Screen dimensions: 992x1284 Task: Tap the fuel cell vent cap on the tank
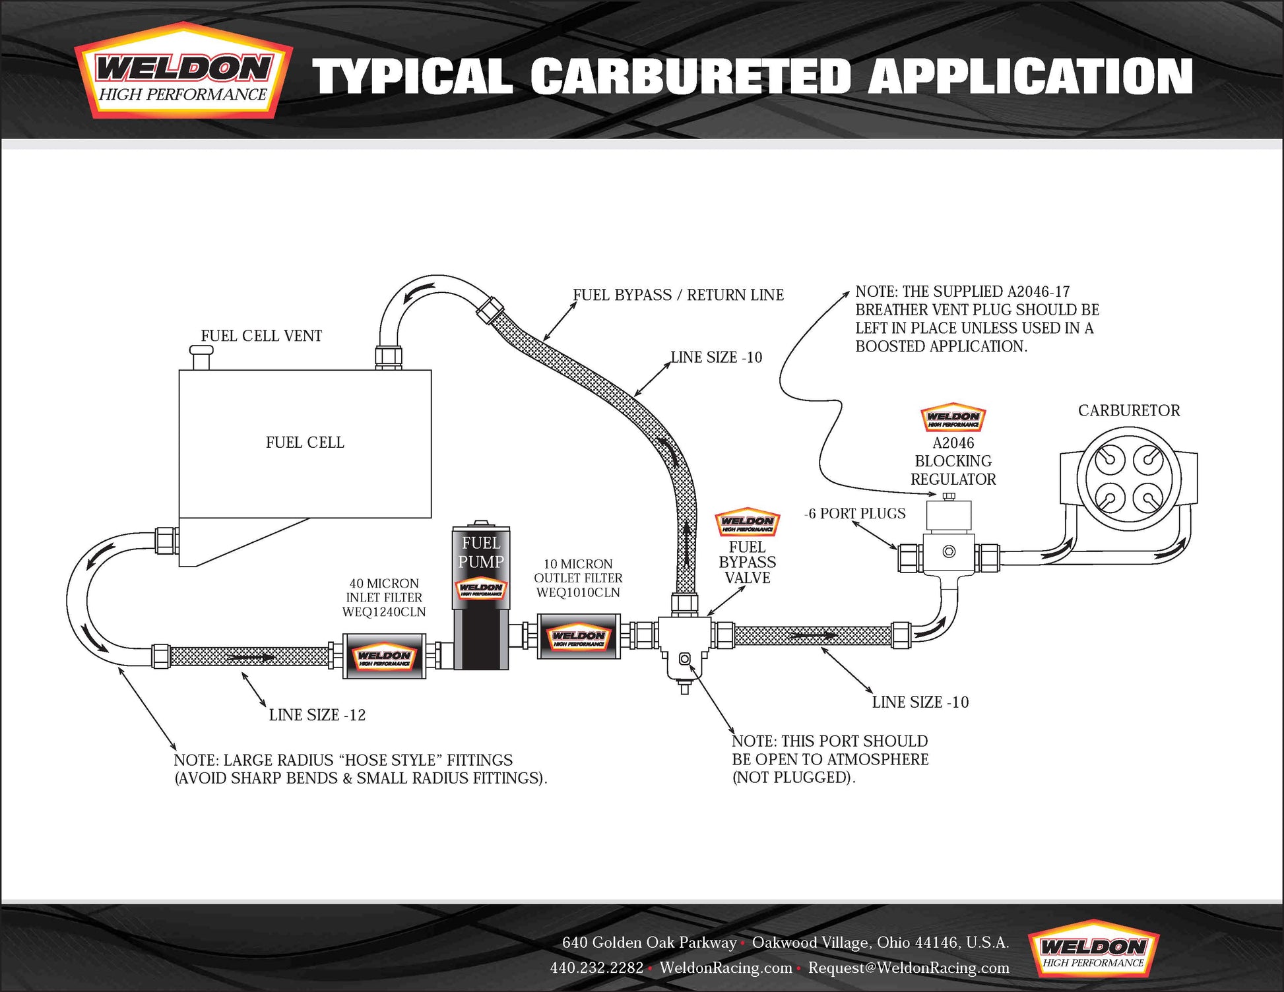(201, 357)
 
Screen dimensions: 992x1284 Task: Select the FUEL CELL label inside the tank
(305, 443)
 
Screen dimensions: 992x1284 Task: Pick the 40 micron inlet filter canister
(384, 656)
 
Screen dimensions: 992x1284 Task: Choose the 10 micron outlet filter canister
(579, 636)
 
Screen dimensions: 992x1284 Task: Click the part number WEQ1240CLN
(384, 612)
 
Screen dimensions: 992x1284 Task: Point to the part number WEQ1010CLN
(578, 592)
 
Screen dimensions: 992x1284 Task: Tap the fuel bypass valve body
(684, 643)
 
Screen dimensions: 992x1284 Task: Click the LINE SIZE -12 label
(317, 715)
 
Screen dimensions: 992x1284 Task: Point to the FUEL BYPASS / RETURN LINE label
(678, 295)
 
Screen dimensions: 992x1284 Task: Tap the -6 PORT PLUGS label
(855, 513)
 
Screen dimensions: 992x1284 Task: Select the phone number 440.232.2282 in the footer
(596, 968)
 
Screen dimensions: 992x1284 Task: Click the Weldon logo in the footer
(1093, 950)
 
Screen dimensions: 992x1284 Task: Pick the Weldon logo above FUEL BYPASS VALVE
(748, 523)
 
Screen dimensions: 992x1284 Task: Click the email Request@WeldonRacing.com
(909, 968)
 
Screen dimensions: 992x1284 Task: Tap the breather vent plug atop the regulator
(949, 496)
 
